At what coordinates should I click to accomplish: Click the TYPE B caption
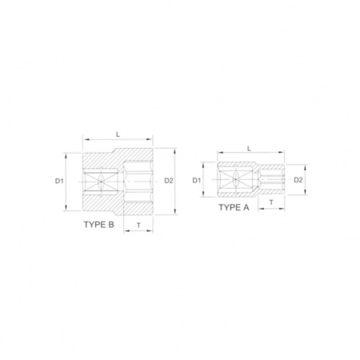pyautogui.click(x=99, y=225)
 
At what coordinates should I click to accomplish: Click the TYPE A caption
pyautogui.click(x=234, y=207)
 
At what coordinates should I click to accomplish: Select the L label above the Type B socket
pyautogui.click(x=118, y=134)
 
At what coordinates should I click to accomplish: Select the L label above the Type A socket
pyautogui.click(x=250, y=148)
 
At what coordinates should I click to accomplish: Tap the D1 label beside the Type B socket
pyautogui.click(x=59, y=181)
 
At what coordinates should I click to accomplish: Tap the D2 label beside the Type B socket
pyautogui.click(x=169, y=181)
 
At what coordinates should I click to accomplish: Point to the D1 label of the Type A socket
pyautogui.click(x=197, y=181)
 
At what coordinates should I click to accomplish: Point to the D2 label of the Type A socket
pyautogui.click(x=298, y=180)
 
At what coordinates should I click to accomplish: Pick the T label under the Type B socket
pyautogui.click(x=138, y=226)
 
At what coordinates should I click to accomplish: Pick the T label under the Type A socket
pyautogui.click(x=271, y=202)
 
